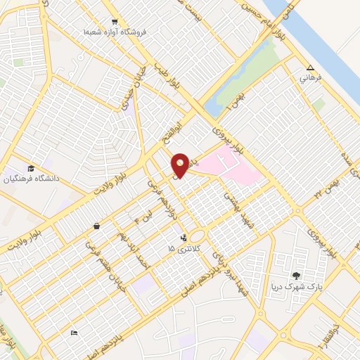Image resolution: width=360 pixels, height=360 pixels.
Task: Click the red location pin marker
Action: pos(181,165)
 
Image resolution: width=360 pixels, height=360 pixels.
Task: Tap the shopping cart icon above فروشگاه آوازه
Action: pos(115,22)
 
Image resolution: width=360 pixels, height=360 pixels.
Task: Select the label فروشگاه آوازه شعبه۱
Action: pos(115,32)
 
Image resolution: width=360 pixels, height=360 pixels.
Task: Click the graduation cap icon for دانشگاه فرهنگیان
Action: pos(31,168)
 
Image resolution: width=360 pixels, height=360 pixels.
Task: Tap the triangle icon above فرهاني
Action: pos(310,68)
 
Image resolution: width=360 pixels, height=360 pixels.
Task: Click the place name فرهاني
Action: pos(310,78)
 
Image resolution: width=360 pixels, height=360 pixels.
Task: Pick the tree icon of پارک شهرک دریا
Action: pos(296,275)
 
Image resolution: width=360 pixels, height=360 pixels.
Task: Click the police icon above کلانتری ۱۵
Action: pos(184,238)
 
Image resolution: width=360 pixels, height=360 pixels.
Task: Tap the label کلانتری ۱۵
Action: pos(179,249)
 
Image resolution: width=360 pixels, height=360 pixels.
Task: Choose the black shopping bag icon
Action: pos(96,226)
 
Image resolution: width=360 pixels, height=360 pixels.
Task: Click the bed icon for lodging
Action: pos(74,333)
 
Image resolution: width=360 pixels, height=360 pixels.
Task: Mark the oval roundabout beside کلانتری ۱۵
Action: pos(198,237)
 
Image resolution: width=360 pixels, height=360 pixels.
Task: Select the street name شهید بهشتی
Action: pos(238,202)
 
